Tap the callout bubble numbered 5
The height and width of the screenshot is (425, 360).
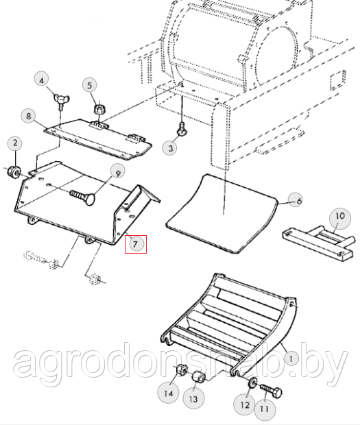[90, 85]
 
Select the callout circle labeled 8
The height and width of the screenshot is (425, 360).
[29, 116]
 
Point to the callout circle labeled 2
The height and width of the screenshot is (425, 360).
[15, 143]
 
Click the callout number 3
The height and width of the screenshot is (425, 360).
[170, 147]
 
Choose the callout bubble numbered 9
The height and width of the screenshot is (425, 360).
[118, 173]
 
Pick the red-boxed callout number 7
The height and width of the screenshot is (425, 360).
[136, 244]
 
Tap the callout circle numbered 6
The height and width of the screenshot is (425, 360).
[296, 200]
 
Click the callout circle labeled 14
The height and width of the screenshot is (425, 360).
[169, 393]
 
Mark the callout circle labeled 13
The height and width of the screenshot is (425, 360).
[193, 399]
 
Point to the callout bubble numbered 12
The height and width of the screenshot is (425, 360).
[245, 404]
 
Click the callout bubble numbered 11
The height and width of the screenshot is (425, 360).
[265, 409]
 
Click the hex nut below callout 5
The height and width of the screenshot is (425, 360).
[99, 110]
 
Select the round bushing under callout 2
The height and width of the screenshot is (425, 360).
[14, 172]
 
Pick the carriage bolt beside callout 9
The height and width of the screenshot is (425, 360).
[83, 197]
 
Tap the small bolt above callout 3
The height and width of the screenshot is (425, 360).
[182, 129]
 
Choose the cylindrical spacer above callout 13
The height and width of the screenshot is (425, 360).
[198, 377]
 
